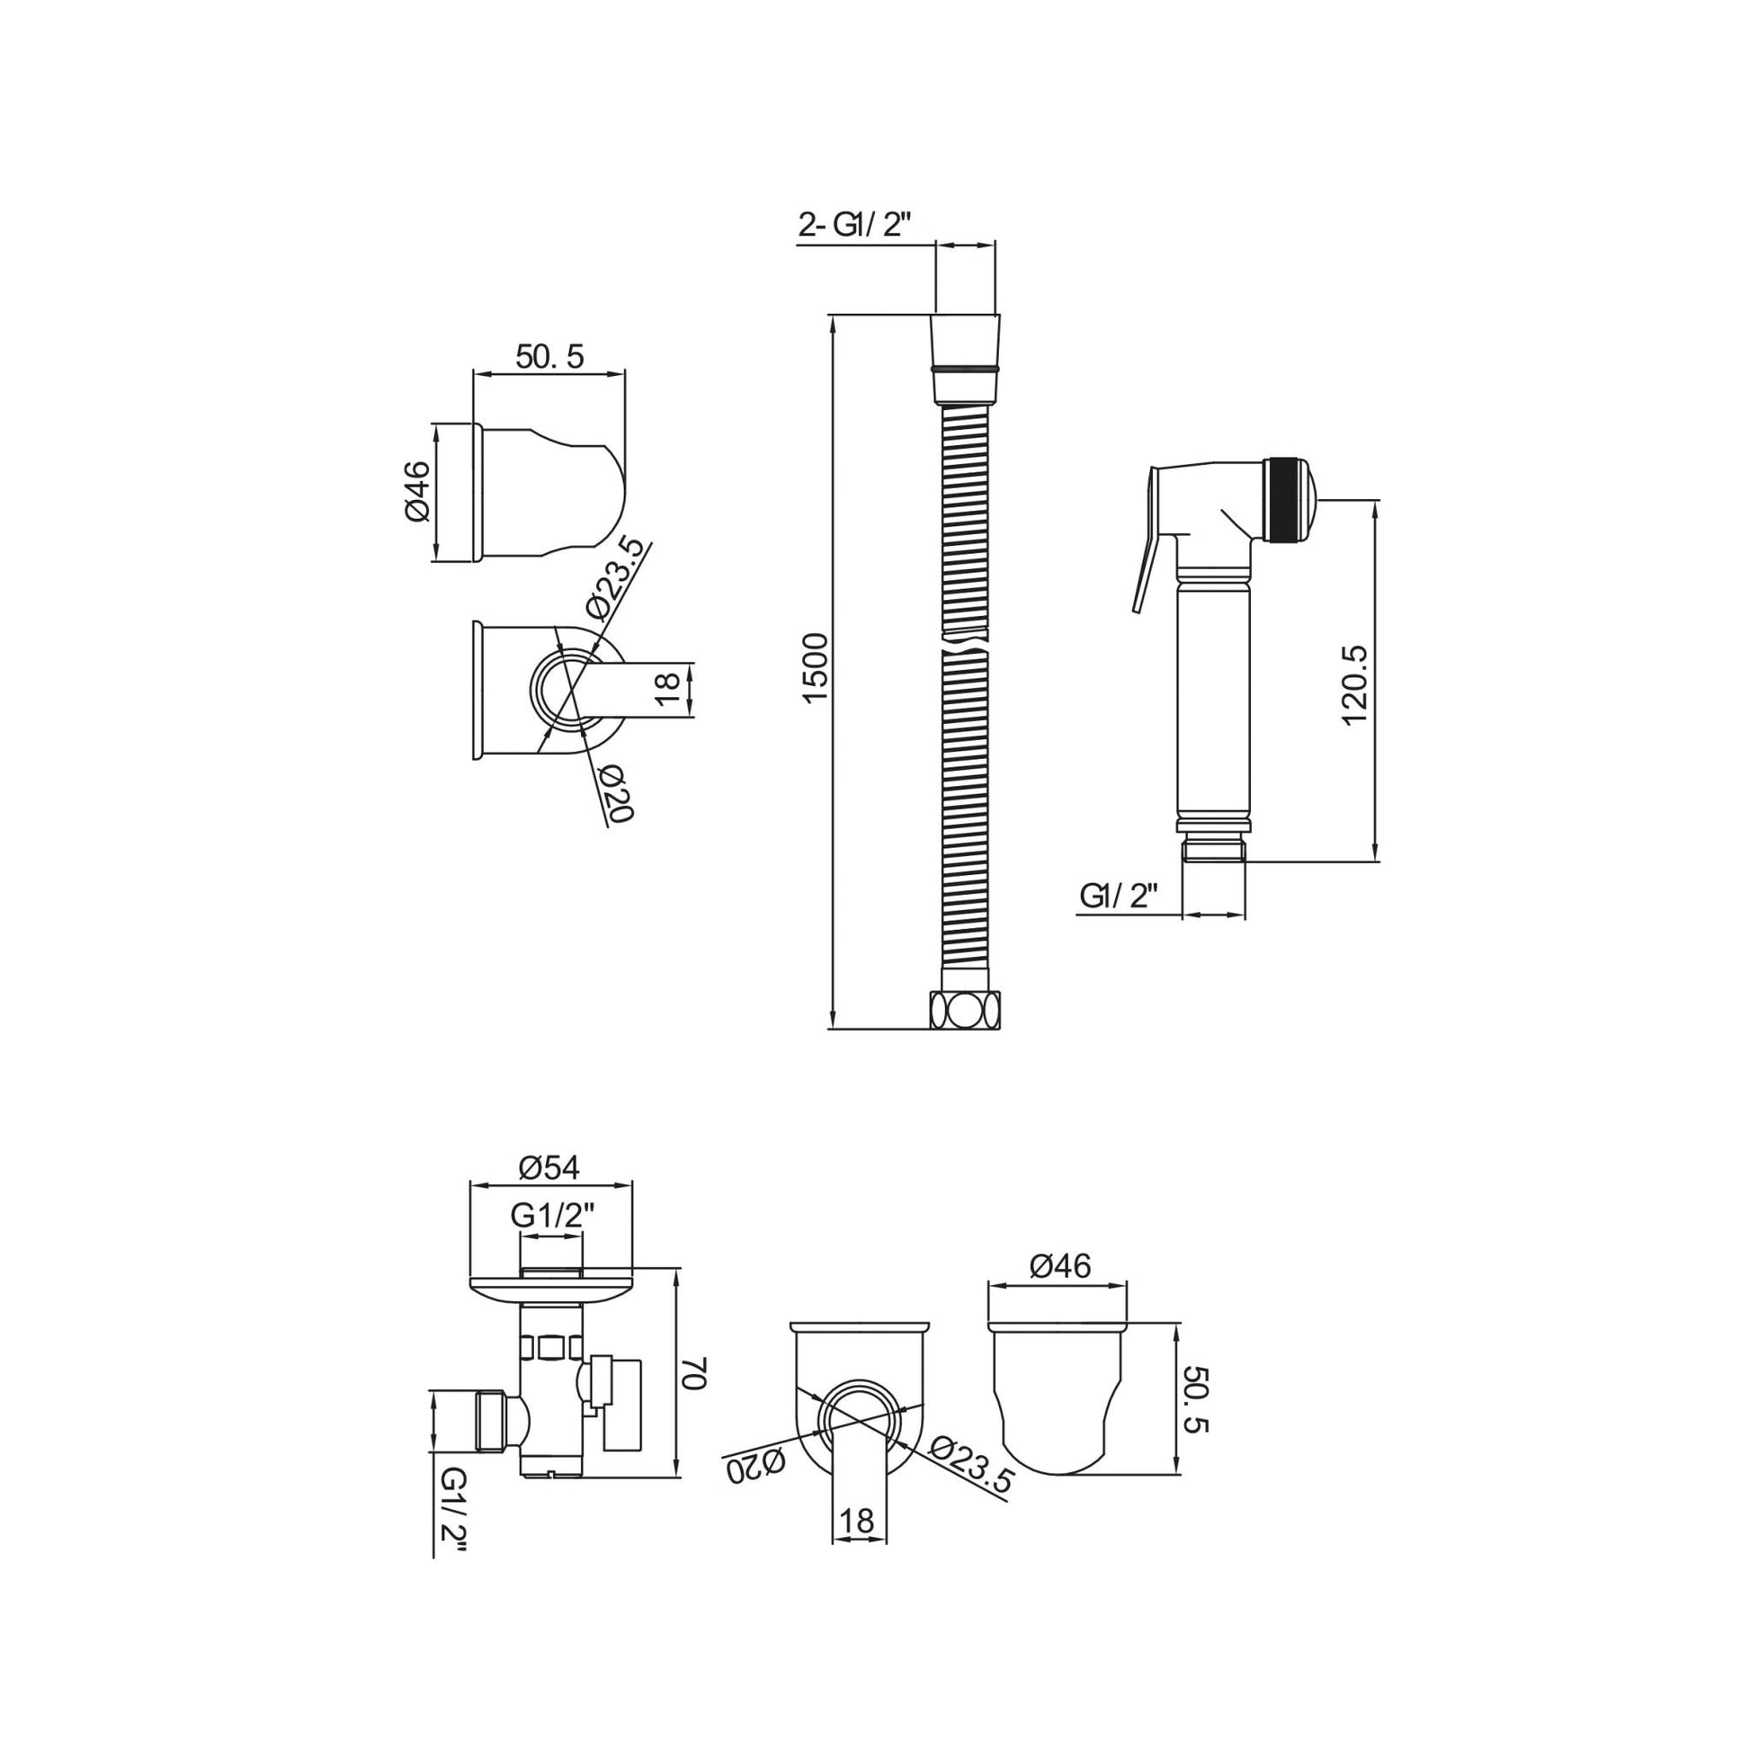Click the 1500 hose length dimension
tap(816, 666)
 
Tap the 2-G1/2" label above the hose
tap(853, 226)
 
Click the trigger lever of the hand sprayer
tap(1146, 543)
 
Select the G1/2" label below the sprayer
tap(1120, 897)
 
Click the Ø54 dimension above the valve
tap(549, 1167)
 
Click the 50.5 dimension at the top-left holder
tap(549, 357)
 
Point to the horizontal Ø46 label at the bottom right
tap(1058, 1265)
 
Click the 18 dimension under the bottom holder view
tap(857, 1520)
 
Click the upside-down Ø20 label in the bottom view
tap(757, 1467)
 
